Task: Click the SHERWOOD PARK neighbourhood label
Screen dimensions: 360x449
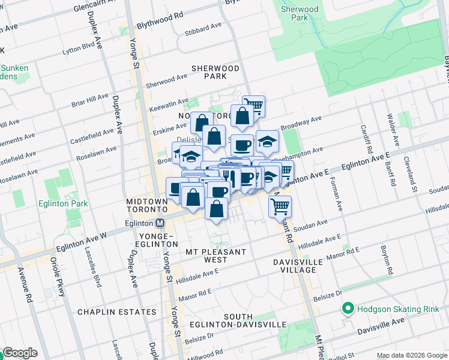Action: point(215,72)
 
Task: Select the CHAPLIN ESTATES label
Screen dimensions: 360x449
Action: point(117,312)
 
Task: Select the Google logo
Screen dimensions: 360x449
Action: point(20,353)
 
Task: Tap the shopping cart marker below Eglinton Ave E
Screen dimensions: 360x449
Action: point(280,207)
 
